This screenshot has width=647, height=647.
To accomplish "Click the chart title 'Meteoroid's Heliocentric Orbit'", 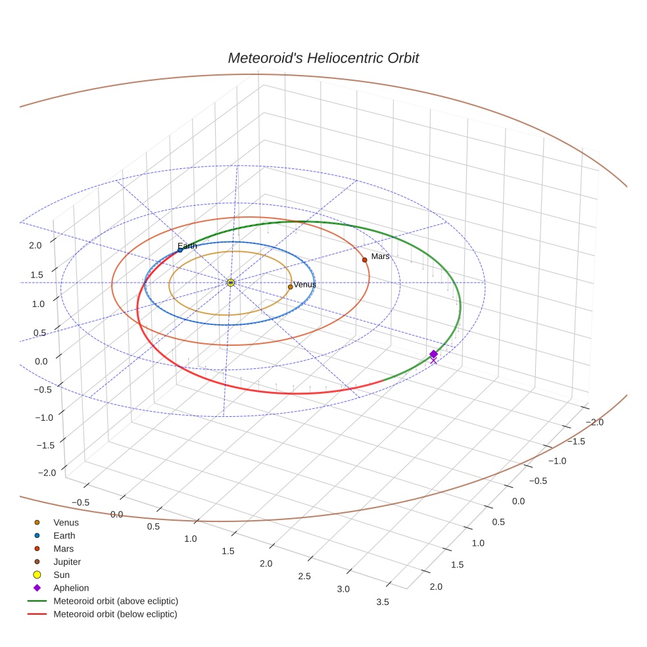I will click(x=323, y=58).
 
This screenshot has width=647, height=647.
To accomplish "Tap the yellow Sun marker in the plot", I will click(x=230, y=282).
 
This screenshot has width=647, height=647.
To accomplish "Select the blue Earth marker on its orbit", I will click(x=180, y=250).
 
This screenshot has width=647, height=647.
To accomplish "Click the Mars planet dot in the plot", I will click(x=364, y=260).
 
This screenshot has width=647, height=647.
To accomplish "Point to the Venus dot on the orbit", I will click(x=290, y=287).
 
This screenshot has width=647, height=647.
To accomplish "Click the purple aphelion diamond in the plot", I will click(x=433, y=354).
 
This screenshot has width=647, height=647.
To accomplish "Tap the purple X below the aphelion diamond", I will click(x=433, y=360).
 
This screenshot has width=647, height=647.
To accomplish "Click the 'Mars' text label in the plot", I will click(x=380, y=256).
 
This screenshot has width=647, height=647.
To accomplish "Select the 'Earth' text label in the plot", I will click(x=187, y=246).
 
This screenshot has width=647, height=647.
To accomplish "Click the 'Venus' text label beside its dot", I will click(x=304, y=285).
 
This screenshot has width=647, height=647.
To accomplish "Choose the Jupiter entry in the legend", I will click(x=66, y=562).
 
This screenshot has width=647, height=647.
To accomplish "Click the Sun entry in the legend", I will click(x=61, y=575).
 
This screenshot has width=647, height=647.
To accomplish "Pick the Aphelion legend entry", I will click(x=70, y=588).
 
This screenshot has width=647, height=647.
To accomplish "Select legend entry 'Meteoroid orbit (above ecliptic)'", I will click(x=115, y=601).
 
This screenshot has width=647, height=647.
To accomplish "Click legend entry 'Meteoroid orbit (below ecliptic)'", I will click(x=115, y=614).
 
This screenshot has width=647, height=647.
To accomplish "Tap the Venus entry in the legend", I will click(x=66, y=522).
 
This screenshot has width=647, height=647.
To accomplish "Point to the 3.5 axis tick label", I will click(x=382, y=602).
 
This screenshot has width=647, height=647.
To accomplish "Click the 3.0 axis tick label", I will click(x=343, y=589).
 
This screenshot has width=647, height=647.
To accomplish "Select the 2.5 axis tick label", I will click(x=304, y=576).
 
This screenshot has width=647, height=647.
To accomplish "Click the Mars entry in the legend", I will click(x=63, y=548).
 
